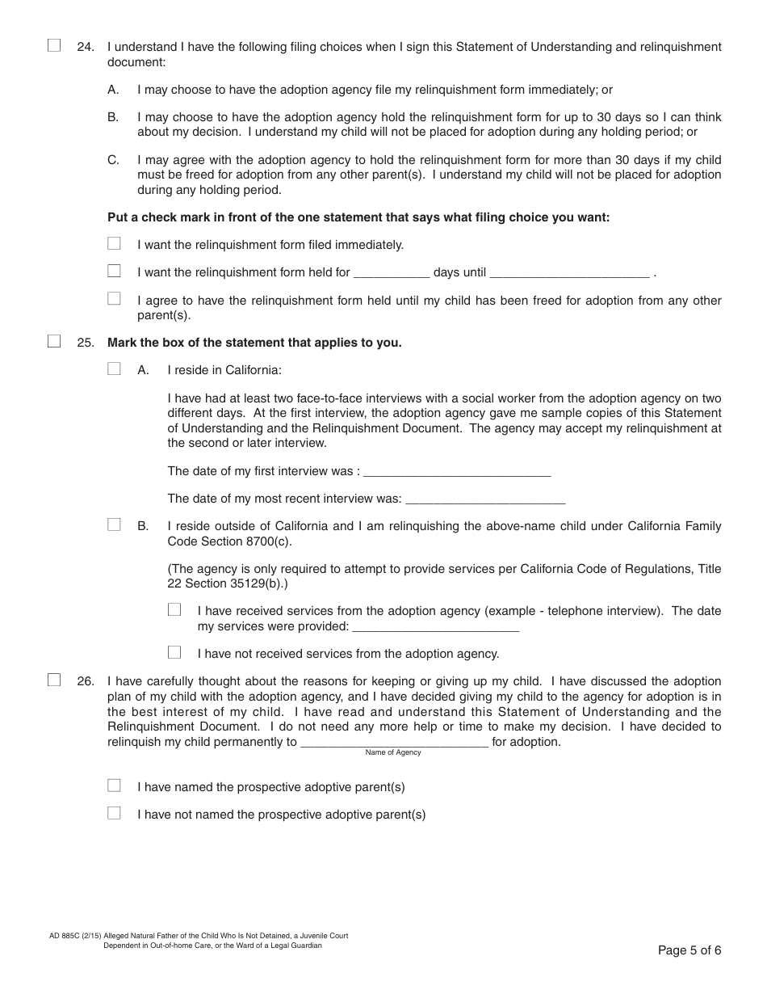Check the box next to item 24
[x=54, y=46]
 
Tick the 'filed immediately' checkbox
[x=114, y=244]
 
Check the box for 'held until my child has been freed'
[x=114, y=299]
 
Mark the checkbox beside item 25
[x=54, y=341]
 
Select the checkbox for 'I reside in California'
[x=114, y=369]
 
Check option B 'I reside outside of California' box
[x=114, y=525]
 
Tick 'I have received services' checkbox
[x=174, y=610]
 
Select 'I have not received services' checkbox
[x=174, y=652]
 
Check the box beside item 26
[x=54, y=680]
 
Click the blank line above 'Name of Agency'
[x=394, y=741]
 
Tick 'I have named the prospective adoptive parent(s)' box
[x=114, y=786]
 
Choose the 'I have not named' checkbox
[x=114, y=814]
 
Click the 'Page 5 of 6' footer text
[x=689, y=950]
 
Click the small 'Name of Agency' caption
[x=393, y=752]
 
